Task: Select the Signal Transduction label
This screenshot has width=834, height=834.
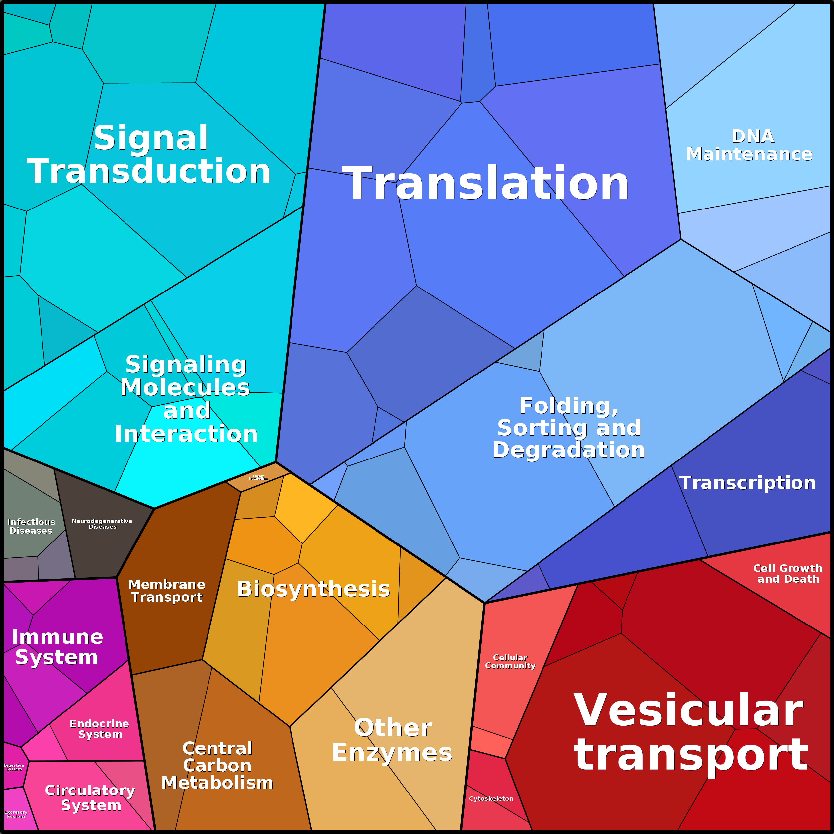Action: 149,154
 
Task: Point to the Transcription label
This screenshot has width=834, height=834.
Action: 747,483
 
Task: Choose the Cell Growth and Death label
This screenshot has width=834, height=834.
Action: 788,573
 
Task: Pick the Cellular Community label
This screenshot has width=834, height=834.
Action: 510,661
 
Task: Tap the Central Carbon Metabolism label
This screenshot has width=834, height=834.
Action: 217,765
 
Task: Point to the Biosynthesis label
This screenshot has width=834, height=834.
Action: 313,589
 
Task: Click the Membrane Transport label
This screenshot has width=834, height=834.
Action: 167,591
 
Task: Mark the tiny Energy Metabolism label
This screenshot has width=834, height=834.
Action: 258,477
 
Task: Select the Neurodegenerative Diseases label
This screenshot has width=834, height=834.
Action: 102,524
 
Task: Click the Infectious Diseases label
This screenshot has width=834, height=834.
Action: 31,526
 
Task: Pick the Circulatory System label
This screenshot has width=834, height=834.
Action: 90,798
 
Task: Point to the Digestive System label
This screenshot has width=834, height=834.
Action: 14,767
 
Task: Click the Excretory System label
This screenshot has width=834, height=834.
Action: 16,814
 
